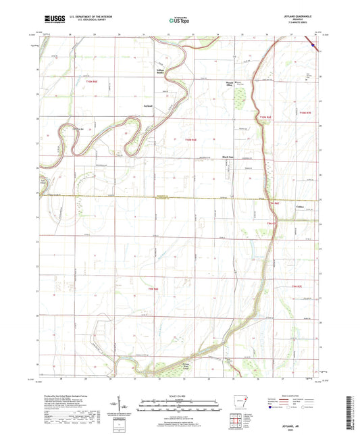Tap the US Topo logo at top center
[180, 20]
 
